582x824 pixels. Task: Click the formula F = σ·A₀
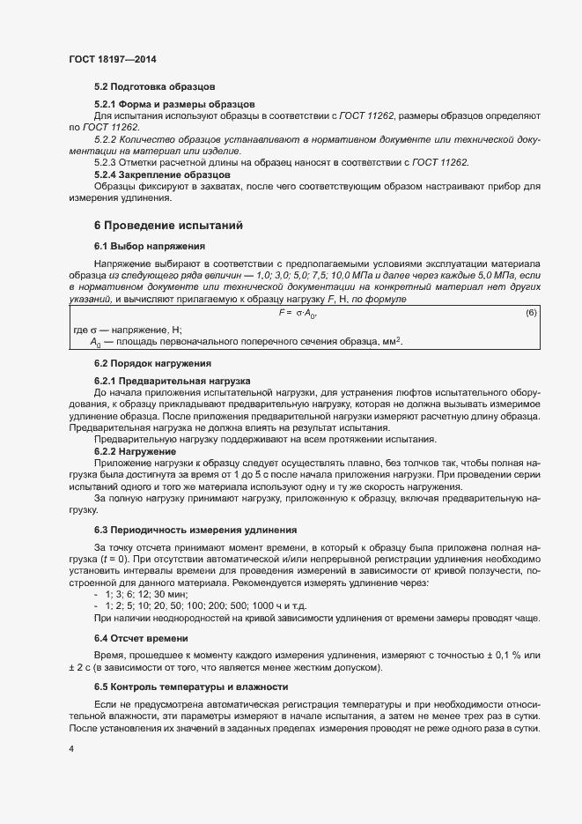click(298, 313)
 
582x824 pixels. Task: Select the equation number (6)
click(531, 313)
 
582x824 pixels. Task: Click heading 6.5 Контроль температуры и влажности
click(188, 687)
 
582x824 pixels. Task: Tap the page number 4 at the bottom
click(70, 748)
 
